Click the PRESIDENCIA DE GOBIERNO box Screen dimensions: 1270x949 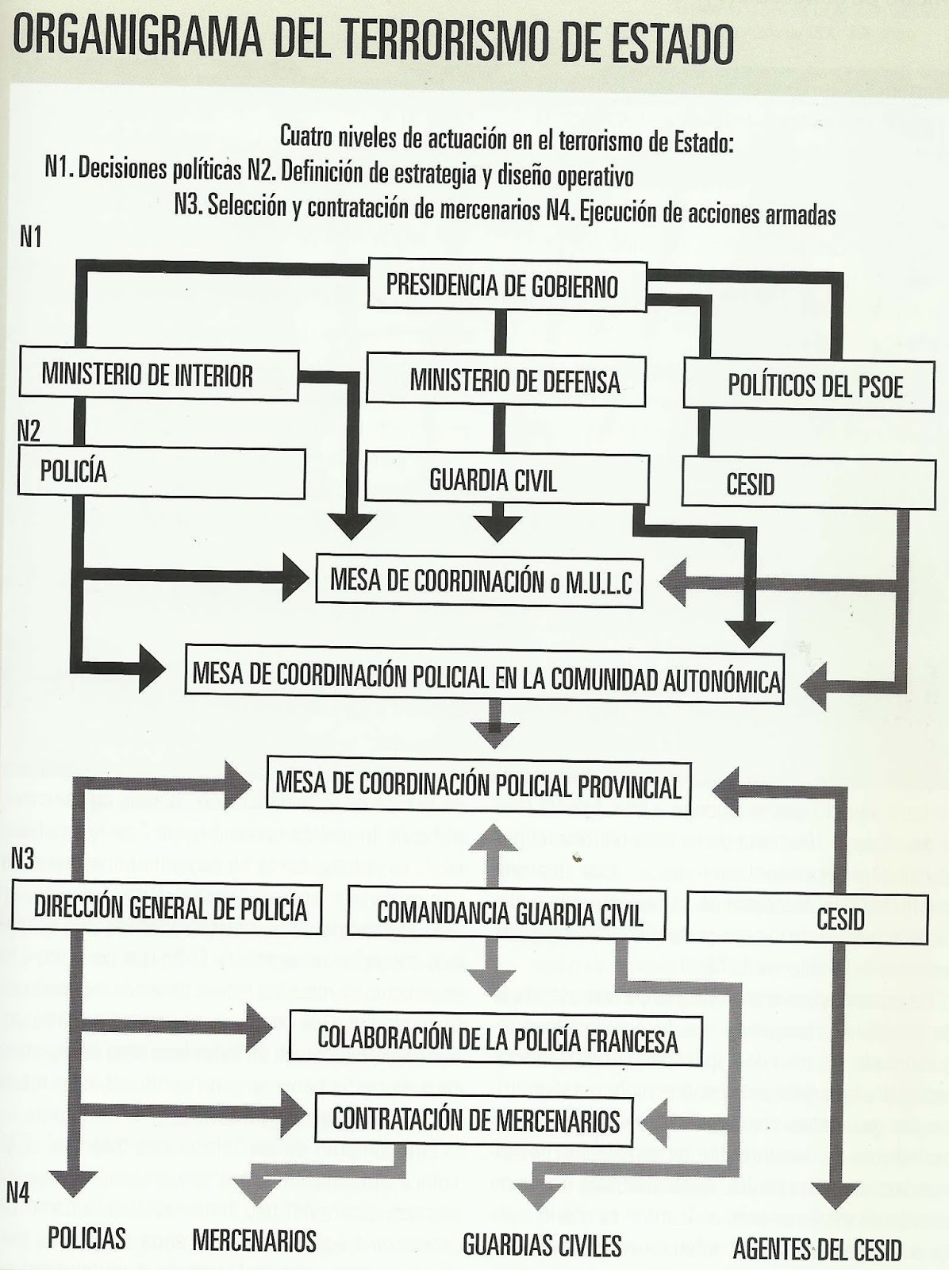[x=503, y=284]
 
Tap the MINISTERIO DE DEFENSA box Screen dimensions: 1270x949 [x=506, y=381]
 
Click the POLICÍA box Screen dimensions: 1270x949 [x=162, y=474]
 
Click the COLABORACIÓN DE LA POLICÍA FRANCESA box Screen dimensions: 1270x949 [x=497, y=1038]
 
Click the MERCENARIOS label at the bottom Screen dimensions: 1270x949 [x=255, y=1239]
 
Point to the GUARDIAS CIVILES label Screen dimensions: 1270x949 [x=542, y=1244]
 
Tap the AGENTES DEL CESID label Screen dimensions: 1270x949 [x=817, y=1249]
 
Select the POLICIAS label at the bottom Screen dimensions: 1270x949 [x=87, y=1237]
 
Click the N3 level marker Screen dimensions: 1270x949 [x=22, y=859]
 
